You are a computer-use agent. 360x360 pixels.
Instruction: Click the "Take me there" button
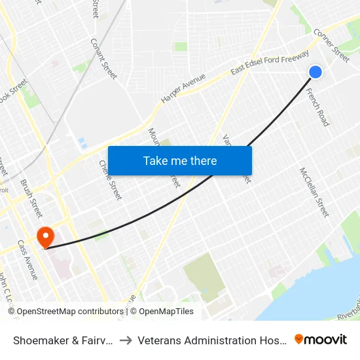point(180,161)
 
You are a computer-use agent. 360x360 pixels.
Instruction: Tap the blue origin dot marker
point(315,72)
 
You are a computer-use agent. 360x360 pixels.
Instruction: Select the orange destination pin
point(46,236)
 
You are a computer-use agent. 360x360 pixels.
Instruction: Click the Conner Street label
point(331,45)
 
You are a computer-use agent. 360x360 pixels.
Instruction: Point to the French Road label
point(318,107)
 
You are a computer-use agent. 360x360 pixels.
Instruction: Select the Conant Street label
point(103,58)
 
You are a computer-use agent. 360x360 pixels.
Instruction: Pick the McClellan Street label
point(314,191)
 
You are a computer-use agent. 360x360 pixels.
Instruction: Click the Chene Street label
point(110,179)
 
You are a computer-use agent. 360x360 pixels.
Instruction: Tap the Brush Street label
point(31,198)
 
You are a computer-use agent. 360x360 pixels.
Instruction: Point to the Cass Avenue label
point(28,259)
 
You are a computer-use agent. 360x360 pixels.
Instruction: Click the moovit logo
point(320,339)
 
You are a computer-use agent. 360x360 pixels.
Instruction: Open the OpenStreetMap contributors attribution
point(65,312)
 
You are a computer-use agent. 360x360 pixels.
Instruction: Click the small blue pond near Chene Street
point(81,141)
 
